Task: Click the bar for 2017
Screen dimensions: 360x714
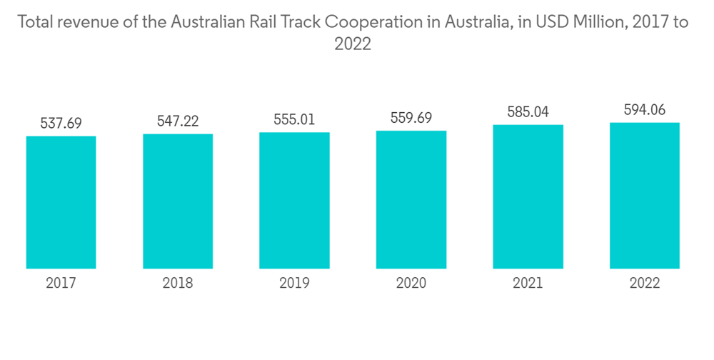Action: click(61, 202)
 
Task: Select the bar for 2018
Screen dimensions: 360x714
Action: click(178, 201)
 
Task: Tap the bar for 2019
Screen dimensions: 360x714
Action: click(294, 200)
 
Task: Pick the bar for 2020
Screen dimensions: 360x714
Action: click(411, 199)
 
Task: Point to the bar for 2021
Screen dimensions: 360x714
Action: click(528, 196)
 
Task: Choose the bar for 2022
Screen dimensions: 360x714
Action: click(645, 196)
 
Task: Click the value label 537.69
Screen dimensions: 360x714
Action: click(61, 123)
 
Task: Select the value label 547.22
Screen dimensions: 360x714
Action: click(178, 121)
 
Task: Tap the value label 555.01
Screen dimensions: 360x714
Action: click(294, 119)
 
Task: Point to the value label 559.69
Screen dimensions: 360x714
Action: click(411, 118)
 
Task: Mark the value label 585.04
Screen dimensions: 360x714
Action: click(528, 112)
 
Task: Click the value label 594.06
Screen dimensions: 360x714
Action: click(645, 110)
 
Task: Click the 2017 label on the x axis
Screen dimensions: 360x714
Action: click(61, 284)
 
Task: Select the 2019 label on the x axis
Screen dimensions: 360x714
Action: click(294, 284)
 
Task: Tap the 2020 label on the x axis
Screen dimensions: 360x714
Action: click(411, 284)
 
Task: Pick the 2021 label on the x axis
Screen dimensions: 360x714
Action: click(528, 284)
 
